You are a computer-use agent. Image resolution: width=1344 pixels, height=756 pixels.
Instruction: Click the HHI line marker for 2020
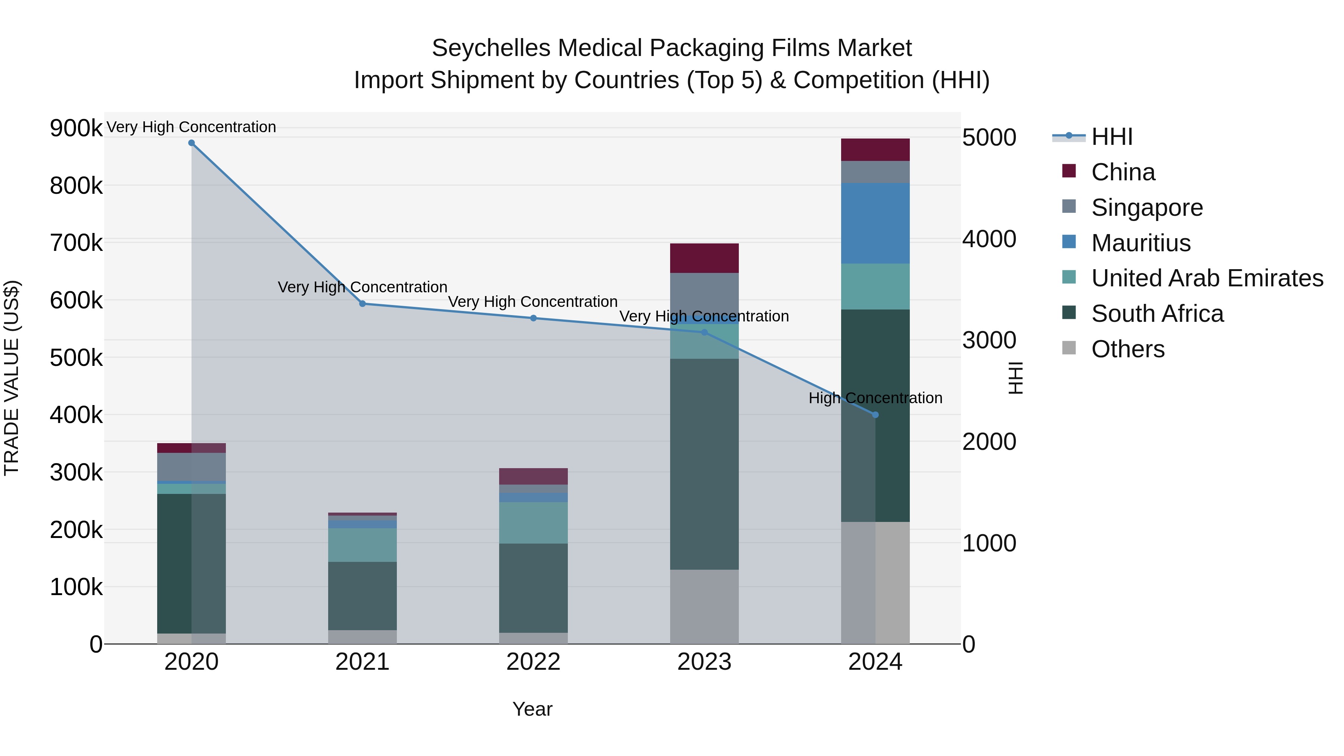click(x=192, y=143)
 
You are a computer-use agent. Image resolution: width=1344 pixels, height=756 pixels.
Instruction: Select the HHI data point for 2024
click(x=875, y=415)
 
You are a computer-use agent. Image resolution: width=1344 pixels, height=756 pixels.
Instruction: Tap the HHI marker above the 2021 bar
click(x=363, y=304)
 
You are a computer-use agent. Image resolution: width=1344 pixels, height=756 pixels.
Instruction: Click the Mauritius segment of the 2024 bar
click(x=875, y=223)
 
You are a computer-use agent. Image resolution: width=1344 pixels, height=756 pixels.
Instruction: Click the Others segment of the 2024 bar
click(x=875, y=582)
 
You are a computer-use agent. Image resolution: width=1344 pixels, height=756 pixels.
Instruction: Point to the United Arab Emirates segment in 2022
click(x=533, y=522)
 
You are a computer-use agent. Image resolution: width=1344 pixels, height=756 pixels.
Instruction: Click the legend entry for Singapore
click(x=1147, y=208)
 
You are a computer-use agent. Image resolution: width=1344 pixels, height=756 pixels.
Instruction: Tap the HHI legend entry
click(x=1111, y=137)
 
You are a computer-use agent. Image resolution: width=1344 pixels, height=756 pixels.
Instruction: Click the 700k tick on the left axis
click(x=76, y=243)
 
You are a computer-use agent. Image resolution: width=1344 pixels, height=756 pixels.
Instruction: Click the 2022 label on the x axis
click(x=533, y=662)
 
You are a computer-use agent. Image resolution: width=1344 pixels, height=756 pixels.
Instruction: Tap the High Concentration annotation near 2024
click(x=875, y=398)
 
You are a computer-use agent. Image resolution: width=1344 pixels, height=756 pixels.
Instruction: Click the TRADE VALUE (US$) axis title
click(x=12, y=378)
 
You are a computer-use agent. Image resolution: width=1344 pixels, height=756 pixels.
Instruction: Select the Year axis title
click(x=532, y=709)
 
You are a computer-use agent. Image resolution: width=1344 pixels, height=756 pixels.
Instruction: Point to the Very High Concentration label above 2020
click(x=192, y=127)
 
